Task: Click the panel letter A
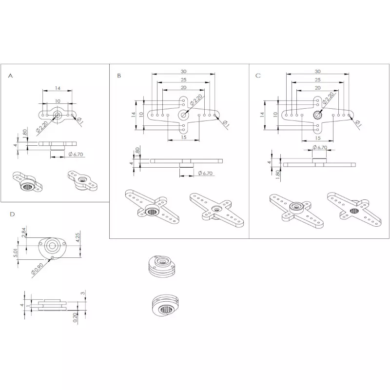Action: pyautogui.click(x=11, y=76)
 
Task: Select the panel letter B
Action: pyautogui.click(x=119, y=76)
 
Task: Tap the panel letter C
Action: pyautogui.click(x=258, y=76)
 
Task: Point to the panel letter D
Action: pyautogui.click(x=12, y=214)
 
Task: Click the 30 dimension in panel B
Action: pyautogui.click(x=183, y=72)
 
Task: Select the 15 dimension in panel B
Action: pyautogui.click(x=183, y=137)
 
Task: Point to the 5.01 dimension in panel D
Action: pyautogui.click(x=17, y=253)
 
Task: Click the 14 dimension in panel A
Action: pyautogui.click(x=57, y=88)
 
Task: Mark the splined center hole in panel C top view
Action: pyautogui.click(x=318, y=115)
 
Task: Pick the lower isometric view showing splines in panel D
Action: pyautogui.click(x=164, y=305)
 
